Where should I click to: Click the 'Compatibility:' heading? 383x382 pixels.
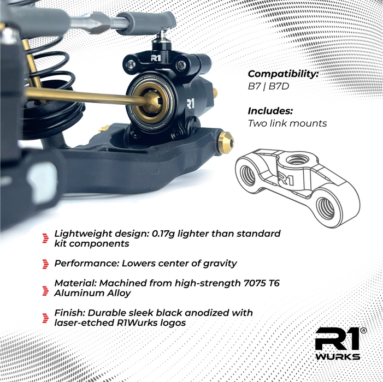(284, 74)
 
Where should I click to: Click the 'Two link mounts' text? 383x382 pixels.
(287, 123)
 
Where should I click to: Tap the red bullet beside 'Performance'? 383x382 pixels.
(45, 264)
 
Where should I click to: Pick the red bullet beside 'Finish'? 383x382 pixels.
(45, 318)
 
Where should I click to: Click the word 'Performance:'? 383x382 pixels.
(86, 264)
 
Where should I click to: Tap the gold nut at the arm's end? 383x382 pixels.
(226, 144)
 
